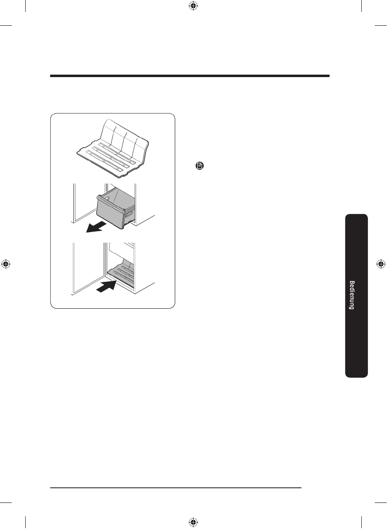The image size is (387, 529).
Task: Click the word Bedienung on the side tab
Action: tap(352, 295)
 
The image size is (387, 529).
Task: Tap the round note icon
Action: tap(200, 166)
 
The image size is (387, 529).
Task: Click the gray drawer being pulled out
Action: tap(116, 208)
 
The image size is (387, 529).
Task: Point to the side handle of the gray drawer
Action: tap(130, 213)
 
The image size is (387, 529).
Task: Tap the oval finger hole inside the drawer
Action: tap(107, 198)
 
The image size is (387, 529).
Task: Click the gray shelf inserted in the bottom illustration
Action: tap(121, 274)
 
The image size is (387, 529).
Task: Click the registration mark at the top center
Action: tap(193, 6)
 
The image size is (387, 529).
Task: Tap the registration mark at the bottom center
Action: tap(193, 523)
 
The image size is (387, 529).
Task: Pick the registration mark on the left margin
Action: tap(6, 264)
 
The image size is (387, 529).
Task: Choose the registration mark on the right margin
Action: tap(380, 264)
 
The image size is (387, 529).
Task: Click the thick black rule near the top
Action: tap(189, 76)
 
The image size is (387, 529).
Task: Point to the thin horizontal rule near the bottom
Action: tap(176, 487)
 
